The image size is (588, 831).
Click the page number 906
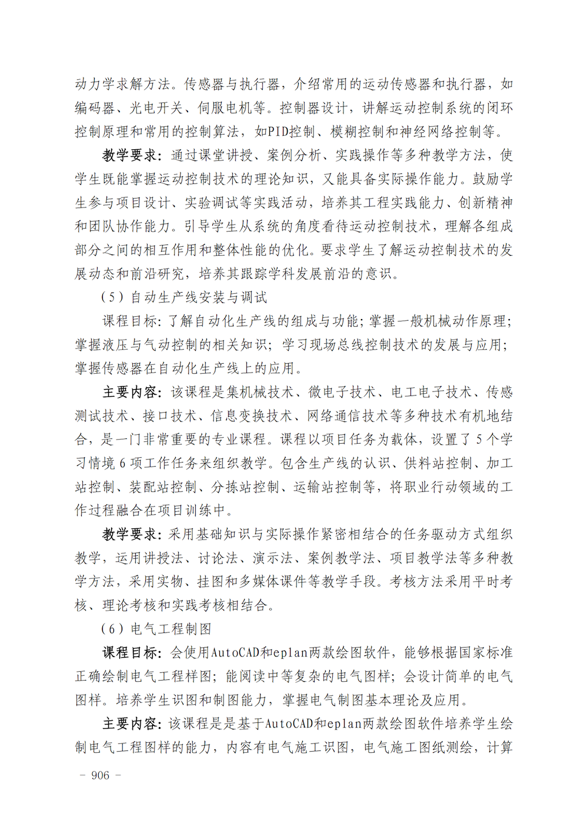(100, 775)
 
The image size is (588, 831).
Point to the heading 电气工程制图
(171, 629)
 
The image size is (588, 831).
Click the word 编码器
(95, 108)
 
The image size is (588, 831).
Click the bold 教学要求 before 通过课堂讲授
(130, 155)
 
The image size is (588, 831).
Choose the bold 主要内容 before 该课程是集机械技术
(130, 392)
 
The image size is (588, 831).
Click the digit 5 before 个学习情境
(479, 440)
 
